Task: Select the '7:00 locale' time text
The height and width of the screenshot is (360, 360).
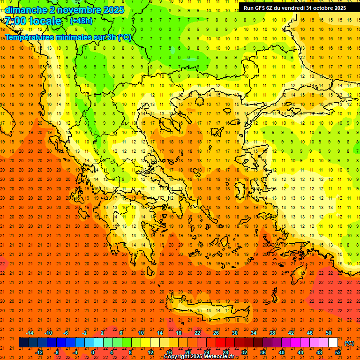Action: point(33,21)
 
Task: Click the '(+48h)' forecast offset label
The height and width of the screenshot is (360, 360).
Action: point(81,21)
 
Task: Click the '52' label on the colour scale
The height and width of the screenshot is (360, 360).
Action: point(337,352)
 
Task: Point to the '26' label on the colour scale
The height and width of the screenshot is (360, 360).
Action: point(216,333)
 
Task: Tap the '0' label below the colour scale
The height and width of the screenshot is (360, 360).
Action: point(93,352)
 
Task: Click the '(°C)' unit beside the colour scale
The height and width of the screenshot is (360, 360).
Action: point(349,343)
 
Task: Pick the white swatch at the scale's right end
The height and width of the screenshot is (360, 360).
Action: point(333,343)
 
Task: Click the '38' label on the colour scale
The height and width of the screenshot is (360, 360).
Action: point(272,333)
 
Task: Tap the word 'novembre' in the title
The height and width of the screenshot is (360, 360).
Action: point(74,10)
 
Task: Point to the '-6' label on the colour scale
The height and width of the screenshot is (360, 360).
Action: point(66,333)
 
